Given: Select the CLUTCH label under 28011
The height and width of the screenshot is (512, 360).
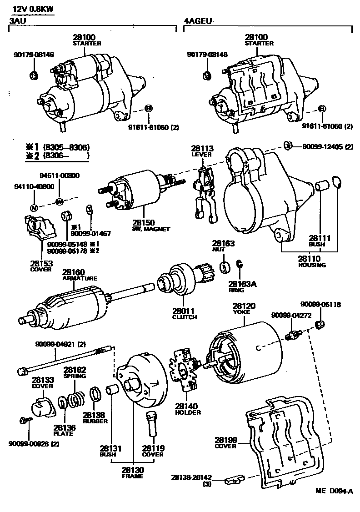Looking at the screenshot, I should coord(185,317).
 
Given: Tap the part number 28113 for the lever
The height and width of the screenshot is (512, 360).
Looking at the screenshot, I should coord(202,148).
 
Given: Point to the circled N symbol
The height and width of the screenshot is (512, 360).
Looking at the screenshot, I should coord(34,207).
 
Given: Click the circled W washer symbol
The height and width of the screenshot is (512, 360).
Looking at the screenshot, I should coord(59,201).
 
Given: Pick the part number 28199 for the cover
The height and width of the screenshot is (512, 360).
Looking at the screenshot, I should coord(226,440).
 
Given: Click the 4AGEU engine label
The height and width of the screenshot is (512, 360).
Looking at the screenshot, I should coord(198,21).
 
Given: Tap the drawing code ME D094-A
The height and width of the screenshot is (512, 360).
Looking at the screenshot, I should coord(334,492).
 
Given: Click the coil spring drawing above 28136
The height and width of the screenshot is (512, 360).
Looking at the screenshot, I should coord(78,400).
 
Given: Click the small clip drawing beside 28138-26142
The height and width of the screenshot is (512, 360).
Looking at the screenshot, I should coord(235,479).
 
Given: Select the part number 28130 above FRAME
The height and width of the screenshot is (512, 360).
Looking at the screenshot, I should coord(132,470).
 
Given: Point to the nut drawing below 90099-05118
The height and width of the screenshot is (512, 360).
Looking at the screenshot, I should coord(320,324).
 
